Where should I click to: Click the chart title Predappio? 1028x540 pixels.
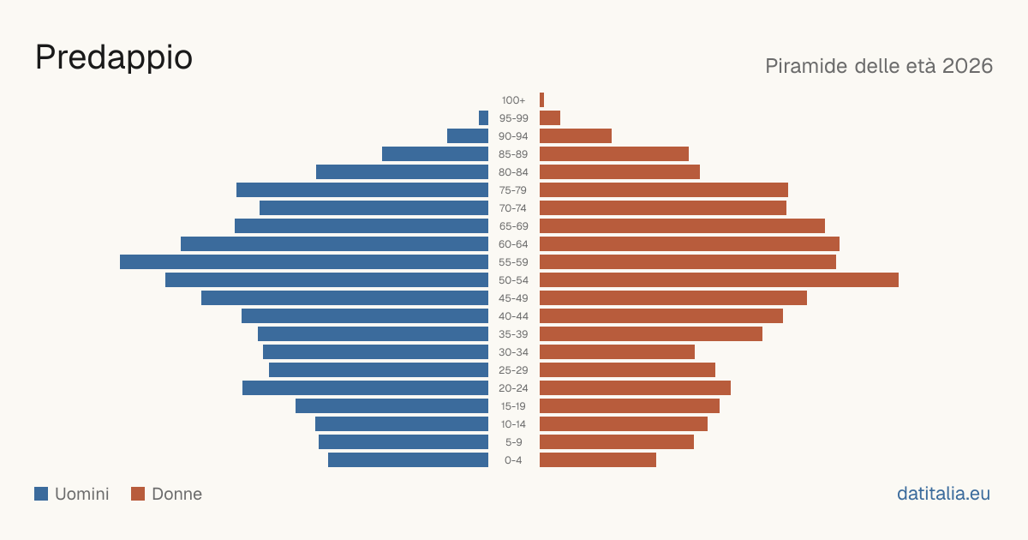[x=114, y=58]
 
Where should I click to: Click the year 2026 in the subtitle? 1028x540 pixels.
[x=967, y=66]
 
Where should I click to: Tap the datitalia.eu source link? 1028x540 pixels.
[x=943, y=494]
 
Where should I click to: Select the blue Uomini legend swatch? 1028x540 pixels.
[x=41, y=494]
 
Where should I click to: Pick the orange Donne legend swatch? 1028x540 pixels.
[x=138, y=494]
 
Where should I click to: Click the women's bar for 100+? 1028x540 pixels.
[x=541, y=100]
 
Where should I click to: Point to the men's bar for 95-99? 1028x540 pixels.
[x=483, y=118]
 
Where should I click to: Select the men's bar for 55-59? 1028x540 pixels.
[x=304, y=261]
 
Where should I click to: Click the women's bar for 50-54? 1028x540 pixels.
[x=719, y=280]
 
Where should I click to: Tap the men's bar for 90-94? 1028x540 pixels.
[x=468, y=136]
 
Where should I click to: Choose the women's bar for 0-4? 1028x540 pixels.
[x=598, y=460]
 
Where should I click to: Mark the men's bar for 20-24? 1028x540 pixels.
[x=365, y=388]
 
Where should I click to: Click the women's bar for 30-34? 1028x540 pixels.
[x=618, y=352]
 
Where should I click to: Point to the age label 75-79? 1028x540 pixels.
[x=513, y=190]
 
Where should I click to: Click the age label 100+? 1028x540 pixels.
[x=513, y=100]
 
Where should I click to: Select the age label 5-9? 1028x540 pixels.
[x=513, y=442]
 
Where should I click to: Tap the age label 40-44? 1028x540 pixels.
[x=513, y=316]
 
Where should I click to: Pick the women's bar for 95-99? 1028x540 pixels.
[x=550, y=118]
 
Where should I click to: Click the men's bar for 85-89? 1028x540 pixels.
[x=435, y=153]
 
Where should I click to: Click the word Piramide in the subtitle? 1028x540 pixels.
[x=806, y=66]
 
